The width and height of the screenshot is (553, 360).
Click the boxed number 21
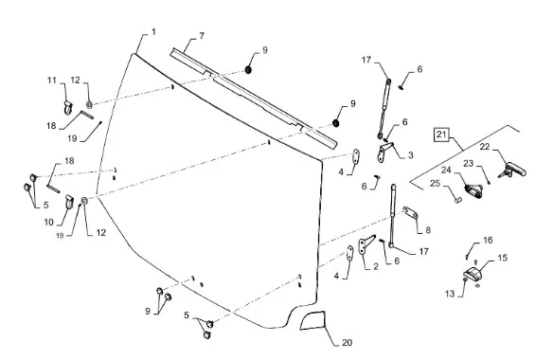441,135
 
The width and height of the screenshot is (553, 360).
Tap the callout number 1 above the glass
153,32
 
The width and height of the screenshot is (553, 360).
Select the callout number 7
202,36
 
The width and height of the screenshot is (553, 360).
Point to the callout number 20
347,342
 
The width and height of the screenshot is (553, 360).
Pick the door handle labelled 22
512,170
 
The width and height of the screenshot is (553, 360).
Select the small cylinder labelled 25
457,200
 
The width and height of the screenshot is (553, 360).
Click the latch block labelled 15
473,274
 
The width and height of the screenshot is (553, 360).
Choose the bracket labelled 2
366,244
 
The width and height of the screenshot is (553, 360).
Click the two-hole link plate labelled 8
411,212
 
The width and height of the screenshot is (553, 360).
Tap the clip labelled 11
68,107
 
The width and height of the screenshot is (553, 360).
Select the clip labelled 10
69,202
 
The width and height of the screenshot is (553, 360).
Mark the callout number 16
488,241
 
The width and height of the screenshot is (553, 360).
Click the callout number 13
450,294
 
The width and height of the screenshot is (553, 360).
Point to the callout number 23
469,163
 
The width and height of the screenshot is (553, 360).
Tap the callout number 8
428,230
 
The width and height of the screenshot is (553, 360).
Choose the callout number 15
503,258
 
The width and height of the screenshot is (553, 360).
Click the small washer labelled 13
465,279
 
